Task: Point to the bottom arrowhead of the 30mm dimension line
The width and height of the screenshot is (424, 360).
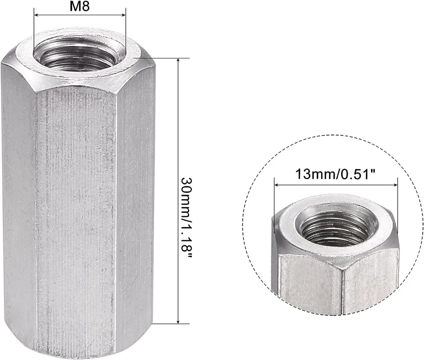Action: coord(178,321)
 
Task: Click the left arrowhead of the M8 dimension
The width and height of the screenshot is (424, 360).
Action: coord(36,15)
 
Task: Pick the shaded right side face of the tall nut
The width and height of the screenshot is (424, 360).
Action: coord(134,200)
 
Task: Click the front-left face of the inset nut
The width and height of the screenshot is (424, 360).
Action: coord(308,284)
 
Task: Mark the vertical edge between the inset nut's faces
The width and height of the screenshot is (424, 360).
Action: coord(343,288)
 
